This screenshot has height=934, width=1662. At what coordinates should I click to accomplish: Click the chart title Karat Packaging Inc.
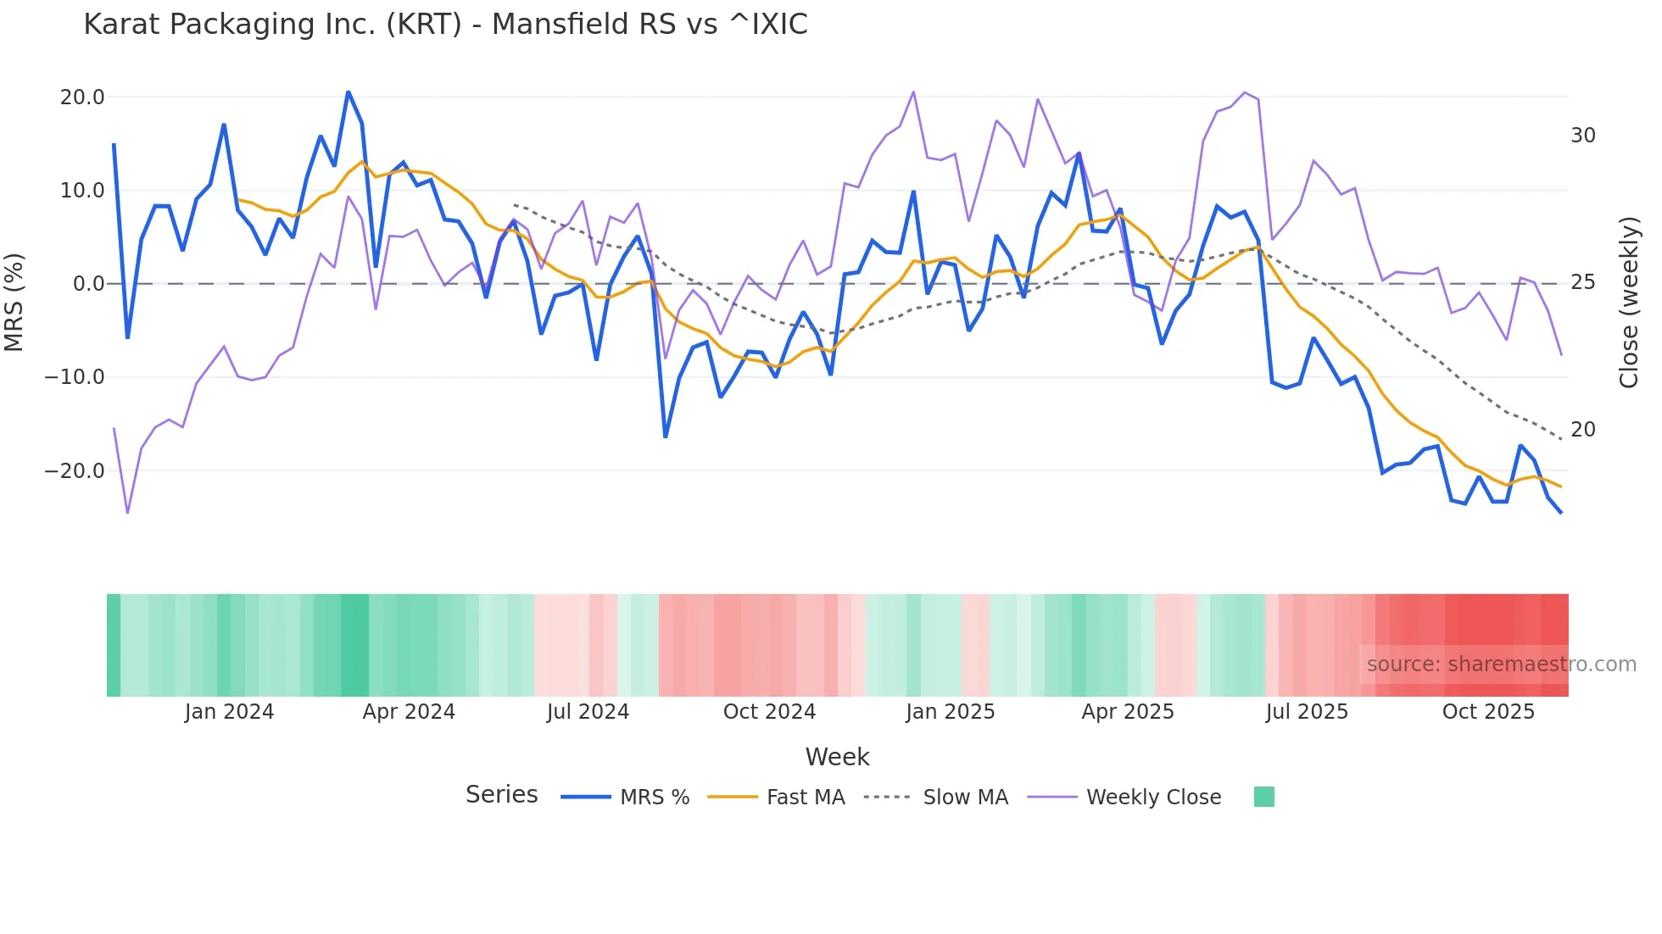445,24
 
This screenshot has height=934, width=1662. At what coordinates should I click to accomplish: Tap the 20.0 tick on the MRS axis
82,97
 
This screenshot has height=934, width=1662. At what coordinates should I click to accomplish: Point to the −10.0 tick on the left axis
75,377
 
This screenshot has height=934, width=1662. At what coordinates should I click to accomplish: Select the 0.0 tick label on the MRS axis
88,284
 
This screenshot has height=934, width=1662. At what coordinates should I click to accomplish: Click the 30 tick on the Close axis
1582,136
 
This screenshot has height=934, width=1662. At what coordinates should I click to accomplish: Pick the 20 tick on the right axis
1582,430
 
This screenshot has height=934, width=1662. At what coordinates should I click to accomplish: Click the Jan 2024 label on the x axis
229,712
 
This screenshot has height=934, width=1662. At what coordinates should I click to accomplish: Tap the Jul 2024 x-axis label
588,712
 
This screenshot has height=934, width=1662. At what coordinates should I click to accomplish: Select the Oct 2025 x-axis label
1488,712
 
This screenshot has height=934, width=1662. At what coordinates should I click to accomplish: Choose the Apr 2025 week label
1128,712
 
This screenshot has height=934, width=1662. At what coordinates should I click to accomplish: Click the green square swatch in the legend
1263,797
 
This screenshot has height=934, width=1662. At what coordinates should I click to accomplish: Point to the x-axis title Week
837,757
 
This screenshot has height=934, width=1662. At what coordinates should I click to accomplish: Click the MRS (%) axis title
14,302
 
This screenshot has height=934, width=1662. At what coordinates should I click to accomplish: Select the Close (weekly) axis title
1628,303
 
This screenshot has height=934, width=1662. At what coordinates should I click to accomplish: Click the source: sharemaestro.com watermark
1501,664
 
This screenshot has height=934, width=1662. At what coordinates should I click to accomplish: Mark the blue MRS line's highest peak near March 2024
348,92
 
